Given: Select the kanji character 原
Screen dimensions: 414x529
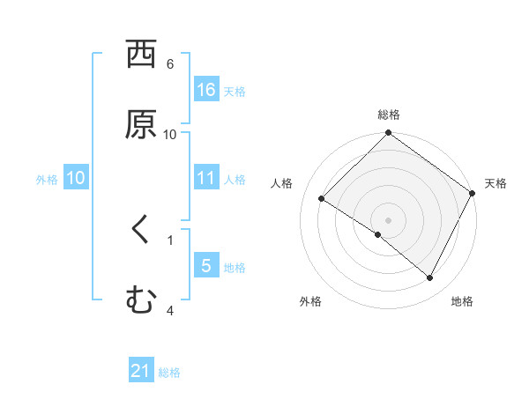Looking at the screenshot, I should pyautogui.click(x=141, y=124).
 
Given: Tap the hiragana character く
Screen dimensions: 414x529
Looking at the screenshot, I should pyautogui.click(x=140, y=230).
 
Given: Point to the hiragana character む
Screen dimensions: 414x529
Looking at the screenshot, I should pyautogui.click(x=140, y=299).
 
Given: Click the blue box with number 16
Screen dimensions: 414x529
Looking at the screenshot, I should pyautogui.click(x=205, y=89).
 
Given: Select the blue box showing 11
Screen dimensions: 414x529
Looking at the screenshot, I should pyautogui.click(x=205, y=178).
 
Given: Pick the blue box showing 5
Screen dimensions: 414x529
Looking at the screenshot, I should pyautogui.click(x=205, y=266).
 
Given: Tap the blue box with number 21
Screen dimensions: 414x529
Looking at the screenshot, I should pyautogui.click(x=141, y=371).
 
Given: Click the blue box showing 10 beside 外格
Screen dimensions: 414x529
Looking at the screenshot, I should pyautogui.click(x=76, y=178).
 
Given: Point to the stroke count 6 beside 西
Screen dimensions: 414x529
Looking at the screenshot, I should pyautogui.click(x=170, y=64).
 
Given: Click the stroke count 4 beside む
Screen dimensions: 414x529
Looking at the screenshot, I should pyautogui.click(x=170, y=310).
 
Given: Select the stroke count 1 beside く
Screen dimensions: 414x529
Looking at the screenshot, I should pyautogui.click(x=170, y=239).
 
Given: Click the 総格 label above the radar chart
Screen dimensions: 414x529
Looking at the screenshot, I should pyautogui.click(x=389, y=115).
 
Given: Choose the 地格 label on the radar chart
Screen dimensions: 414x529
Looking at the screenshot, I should pyautogui.click(x=462, y=301).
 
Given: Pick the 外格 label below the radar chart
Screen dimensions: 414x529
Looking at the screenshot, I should pyautogui.click(x=310, y=301).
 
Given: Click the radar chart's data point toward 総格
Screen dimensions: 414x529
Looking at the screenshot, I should pyautogui.click(x=389, y=134).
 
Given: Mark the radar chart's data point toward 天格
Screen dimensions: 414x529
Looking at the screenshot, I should pyautogui.click(x=473, y=193).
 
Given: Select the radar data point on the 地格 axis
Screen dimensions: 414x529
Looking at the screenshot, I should pyautogui.click(x=430, y=278).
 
